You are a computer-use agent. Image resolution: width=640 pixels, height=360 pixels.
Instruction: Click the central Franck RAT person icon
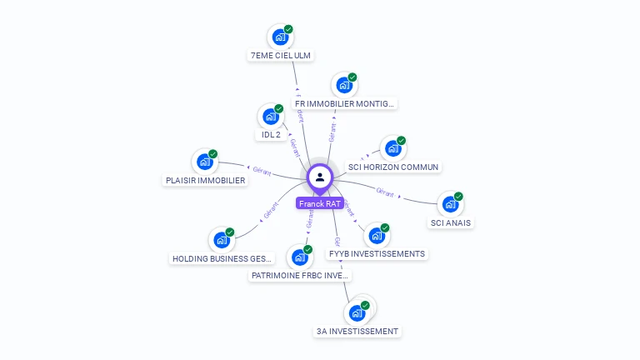pyautogui.click(x=320, y=177)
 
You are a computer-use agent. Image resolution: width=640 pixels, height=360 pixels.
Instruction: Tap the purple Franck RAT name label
pyautogui.click(x=320, y=203)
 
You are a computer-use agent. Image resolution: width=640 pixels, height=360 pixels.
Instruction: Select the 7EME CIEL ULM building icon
pyautogui.click(x=280, y=37)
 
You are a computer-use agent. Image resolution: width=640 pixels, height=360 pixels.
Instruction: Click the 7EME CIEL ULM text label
pyautogui.click(x=281, y=56)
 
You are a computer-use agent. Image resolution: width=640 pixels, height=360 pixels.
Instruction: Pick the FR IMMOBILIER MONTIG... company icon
pyautogui.click(x=343, y=86)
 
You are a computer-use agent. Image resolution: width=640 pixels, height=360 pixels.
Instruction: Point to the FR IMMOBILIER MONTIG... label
pyautogui.click(x=345, y=104)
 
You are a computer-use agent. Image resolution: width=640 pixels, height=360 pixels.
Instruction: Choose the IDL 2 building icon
pyautogui.click(x=270, y=117)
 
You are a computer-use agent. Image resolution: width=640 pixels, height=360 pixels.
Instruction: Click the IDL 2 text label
pyautogui.click(x=269, y=134)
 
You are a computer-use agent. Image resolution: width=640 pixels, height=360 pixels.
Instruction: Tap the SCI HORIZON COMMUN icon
pyautogui.click(x=392, y=149)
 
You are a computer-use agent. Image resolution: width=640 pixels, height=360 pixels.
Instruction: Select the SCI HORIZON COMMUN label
pyautogui.click(x=392, y=167)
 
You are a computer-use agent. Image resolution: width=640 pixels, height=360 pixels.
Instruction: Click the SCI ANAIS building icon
pyautogui.click(x=450, y=204)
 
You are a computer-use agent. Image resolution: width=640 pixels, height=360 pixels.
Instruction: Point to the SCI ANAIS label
pyautogui.click(x=451, y=222)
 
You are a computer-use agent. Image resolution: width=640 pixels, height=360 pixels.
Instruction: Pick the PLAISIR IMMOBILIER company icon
pyautogui.click(x=204, y=162)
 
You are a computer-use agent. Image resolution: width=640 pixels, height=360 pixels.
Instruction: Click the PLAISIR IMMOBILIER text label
pyautogui.click(x=205, y=180)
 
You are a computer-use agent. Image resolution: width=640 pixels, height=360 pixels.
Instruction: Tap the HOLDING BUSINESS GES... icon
pyautogui.click(x=221, y=240)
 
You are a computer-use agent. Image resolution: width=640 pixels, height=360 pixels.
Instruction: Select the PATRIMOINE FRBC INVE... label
pyautogui.click(x=300, y=275)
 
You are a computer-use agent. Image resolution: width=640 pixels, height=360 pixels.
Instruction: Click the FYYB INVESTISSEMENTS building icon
pyautogui.click(x=377, y=236)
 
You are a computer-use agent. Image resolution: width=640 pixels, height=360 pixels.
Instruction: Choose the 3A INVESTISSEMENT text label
pyautogui.click(x=357, y=331)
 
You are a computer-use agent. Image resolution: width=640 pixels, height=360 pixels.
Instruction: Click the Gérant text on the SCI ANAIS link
pyautogui.click(x=384, y=192)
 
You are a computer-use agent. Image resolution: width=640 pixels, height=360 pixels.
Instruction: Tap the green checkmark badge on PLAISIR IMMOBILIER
pyautogui.click(x=213, y=153)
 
